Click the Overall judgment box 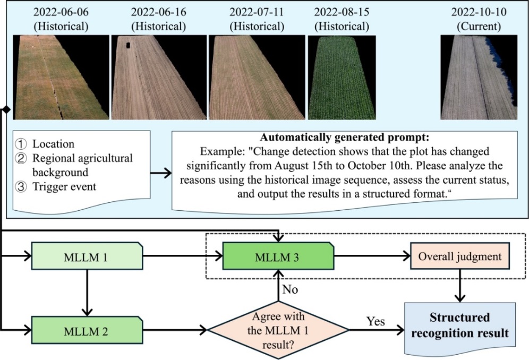[459, 257]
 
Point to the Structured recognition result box [459, 326]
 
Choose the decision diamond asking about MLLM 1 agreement [278, 329]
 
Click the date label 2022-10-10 [479, 12]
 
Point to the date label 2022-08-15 [342, 12]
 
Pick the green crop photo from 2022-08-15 [342, 78]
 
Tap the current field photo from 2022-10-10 [478, 78]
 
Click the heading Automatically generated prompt [345, 135]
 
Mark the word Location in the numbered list [53, 144]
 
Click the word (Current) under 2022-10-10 [479, 25]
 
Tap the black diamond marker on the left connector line [6, 109]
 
